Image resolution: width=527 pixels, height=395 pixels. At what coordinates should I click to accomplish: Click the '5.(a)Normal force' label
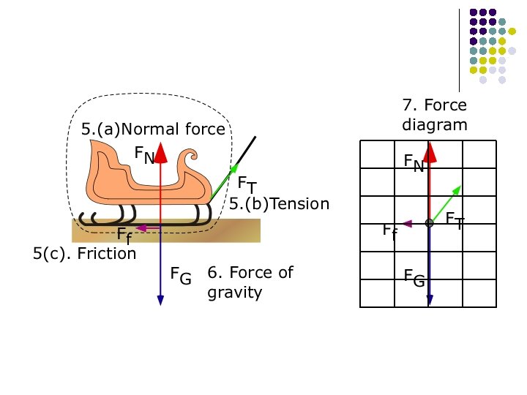pos(153,129)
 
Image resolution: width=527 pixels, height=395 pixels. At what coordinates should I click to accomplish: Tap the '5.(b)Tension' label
pos(279,204)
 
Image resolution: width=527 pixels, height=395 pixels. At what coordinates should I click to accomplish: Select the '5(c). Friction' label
pos(85,253)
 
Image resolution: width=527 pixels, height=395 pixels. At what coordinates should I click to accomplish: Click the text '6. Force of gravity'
pos(250,282)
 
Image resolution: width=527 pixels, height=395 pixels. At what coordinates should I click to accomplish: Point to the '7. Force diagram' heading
pos(434,115)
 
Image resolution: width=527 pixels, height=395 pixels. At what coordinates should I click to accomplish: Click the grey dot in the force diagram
pos(430,224)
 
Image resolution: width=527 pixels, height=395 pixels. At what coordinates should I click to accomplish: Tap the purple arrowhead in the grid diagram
pos(408,224)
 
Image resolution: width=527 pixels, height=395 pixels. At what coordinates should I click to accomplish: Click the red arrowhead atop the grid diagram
pos(430,151)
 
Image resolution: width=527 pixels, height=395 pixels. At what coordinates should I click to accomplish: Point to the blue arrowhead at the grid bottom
pos(430,299)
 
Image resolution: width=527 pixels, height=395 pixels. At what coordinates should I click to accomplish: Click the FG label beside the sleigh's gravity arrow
pos(181,276)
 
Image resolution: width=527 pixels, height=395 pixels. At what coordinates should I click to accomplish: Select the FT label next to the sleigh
pos(247,184)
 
